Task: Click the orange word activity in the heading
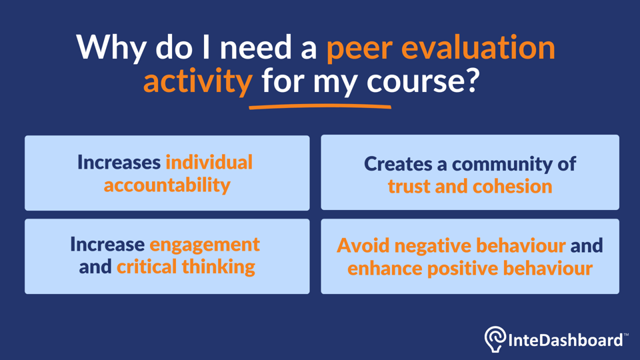[197, 81]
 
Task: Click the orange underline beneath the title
[320, 105]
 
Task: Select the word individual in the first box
[209, 162]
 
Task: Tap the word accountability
[167, 185]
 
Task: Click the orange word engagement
[205, 245]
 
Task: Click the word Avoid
[363, 245]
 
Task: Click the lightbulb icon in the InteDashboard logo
[495, 339]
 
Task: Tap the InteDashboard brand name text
[565, 340]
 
